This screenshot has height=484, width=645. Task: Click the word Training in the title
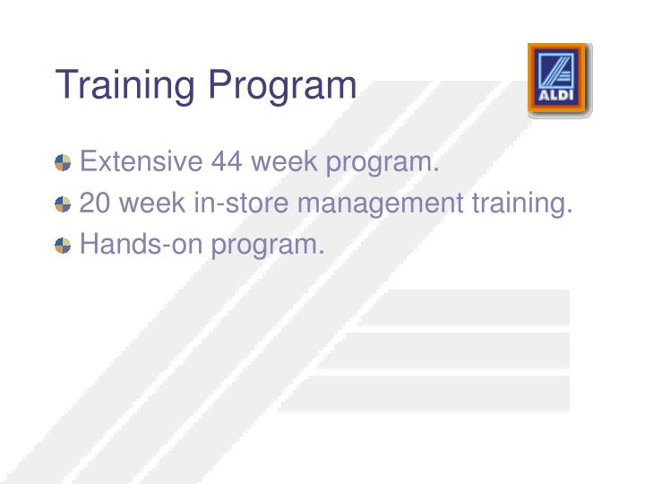[125, 87]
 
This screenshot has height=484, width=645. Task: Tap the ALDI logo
[559, 80]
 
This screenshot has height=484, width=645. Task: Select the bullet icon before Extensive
[63, 163]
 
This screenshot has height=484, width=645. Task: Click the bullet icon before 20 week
[63, 204]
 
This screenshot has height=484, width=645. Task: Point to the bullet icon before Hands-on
[63, 246]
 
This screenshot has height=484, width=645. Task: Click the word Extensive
[141, 162]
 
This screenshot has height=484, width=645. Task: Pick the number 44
[228, 162]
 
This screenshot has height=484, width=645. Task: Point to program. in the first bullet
[383, 164]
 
